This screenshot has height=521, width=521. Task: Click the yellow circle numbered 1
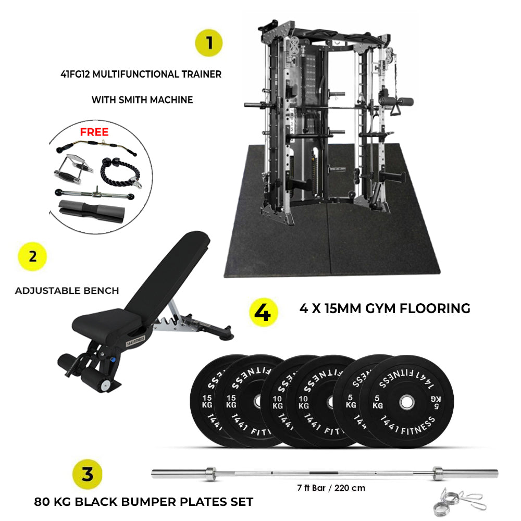(x=209, y=43)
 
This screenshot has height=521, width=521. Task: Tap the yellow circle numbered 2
(x=32, y=256)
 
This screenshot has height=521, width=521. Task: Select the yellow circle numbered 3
(x=87, y=474)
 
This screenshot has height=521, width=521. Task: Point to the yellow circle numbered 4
(x=263, y=312)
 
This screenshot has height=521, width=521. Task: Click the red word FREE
(x=94, y=132)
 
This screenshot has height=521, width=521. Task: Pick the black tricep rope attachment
(x=121, y=171)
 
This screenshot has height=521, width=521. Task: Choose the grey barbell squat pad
(x=92, y=212)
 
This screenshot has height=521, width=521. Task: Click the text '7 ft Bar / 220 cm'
(x=331, y=488)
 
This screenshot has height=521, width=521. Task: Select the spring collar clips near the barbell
(x=458, y=502)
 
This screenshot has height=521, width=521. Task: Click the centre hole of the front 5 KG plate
(x=407, y=402)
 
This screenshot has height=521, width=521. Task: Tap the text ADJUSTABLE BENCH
(x=67, y=291)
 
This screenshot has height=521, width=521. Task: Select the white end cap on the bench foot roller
(x=106, y=385)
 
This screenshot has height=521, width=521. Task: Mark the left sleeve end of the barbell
(x=153, y=474)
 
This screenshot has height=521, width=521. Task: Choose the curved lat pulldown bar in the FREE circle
(x=96, y=145)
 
